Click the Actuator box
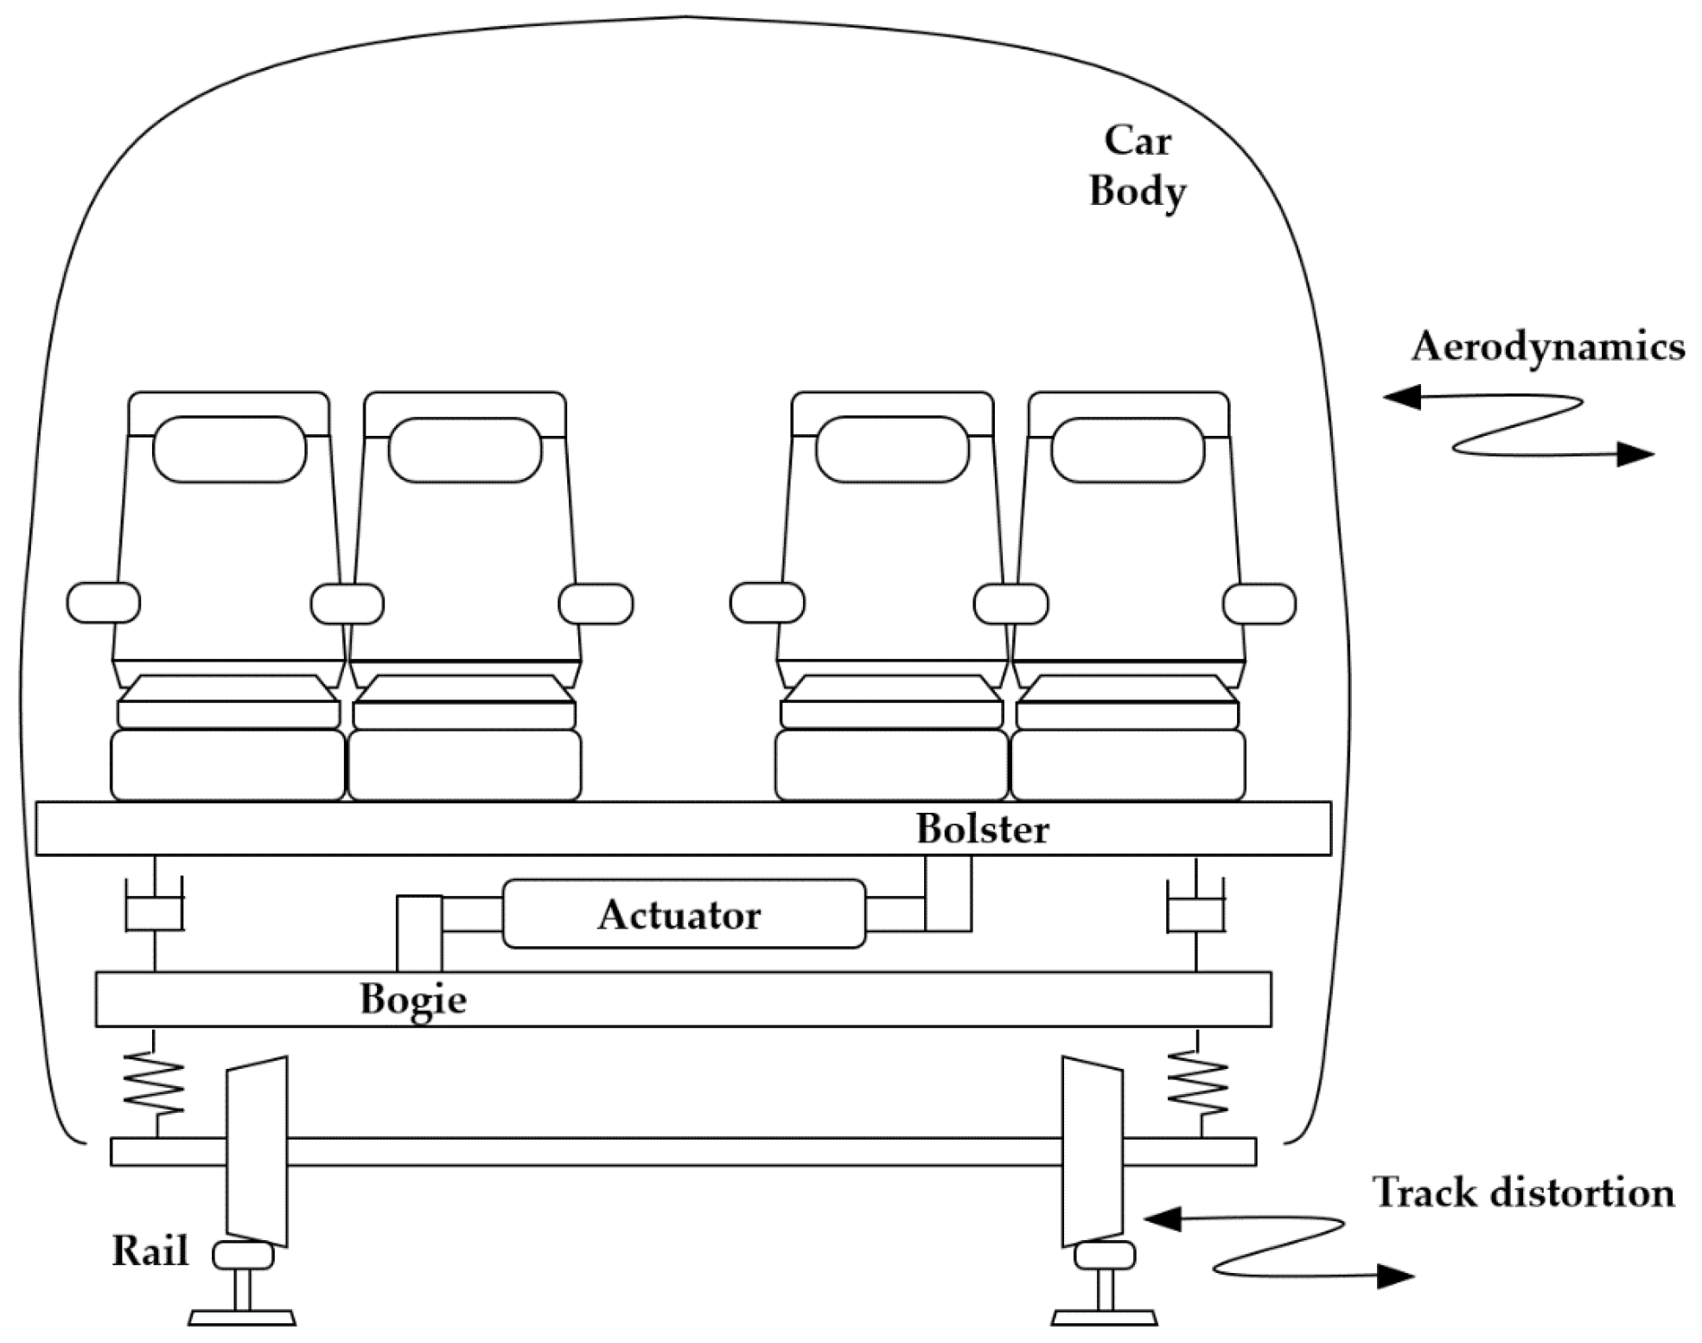click(683, 914)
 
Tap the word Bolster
click(982, 828)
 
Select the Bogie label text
click(413, 1000)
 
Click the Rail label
click(150, 1250)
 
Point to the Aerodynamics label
click(1547, 347)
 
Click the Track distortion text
click(1523, 1193)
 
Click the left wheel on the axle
click(257, 1149)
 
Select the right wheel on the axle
click(1093, 1149)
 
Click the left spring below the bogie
click(154, 1083)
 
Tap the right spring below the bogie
click(1197, 1083)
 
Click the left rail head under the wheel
click(243, 1255)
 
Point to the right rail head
click(1105, 1255)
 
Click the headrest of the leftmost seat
click(229, 449)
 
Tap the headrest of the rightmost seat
click(1127, 449)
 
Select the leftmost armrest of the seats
click(103, 603)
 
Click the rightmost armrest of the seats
click(1259, 603)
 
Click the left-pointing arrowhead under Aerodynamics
click(1402, 397)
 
